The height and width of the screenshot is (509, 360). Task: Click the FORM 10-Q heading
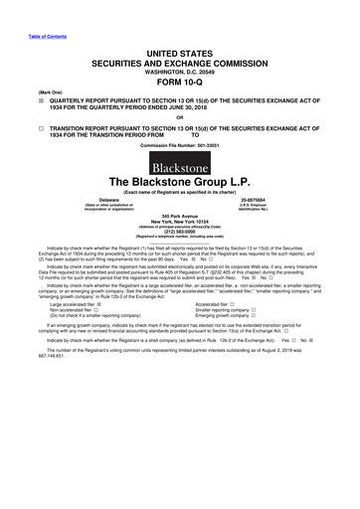point(180,68)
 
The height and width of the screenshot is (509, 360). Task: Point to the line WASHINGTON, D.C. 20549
point(180,54)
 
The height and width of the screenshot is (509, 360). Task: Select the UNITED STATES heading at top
point(180,32)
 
